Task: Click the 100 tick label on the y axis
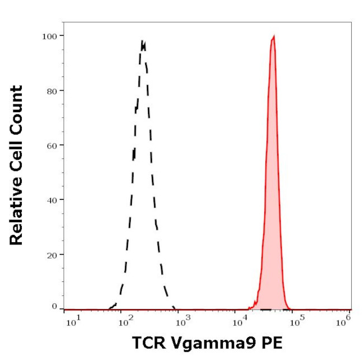(50, 36)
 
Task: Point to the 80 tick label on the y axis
(52, 90)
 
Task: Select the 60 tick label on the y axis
(52, 145)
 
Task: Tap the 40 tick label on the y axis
(52, 200)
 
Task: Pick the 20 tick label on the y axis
(52, 255)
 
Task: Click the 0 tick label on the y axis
(54, 306)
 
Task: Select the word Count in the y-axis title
(16, 109)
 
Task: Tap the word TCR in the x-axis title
(147, 343)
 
